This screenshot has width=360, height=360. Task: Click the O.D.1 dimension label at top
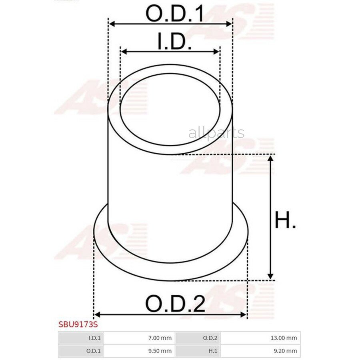(174, 14)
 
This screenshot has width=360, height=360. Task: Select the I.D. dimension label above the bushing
(174, 41)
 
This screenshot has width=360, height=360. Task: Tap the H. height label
(285, 220)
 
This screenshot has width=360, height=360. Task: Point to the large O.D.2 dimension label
(175, 304)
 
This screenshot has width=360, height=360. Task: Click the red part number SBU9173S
(78, 324)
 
